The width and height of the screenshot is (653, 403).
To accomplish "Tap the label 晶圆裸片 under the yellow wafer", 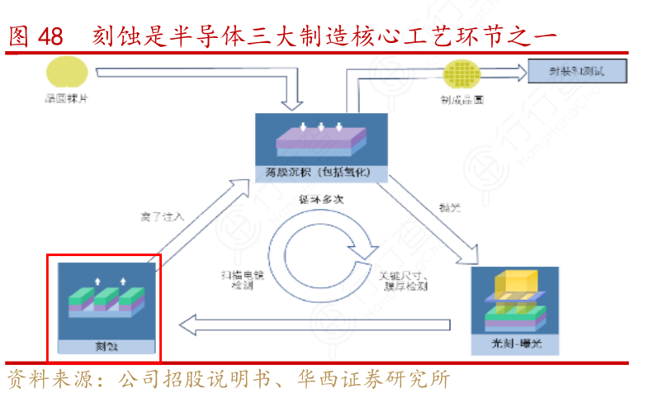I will coord(65,99).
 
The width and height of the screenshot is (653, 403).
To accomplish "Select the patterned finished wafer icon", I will coord(462,75).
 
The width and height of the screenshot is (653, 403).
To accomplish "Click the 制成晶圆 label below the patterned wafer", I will coord(461,100).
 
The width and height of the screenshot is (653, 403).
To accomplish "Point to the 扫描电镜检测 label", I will coord(241,279).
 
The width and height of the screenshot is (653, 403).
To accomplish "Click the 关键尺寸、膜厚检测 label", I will coord(403,279).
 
